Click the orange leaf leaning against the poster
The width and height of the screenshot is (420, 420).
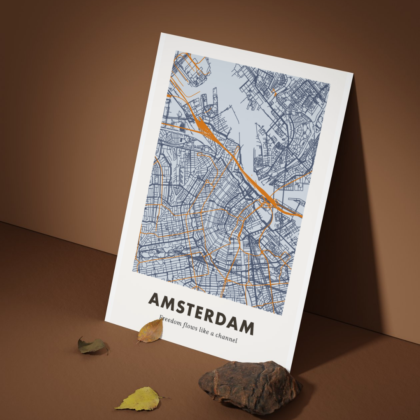[x=151, y=331]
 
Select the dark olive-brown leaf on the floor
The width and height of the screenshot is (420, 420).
[x=92, y=346]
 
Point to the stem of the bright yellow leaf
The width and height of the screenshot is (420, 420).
[x=164, y=397]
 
